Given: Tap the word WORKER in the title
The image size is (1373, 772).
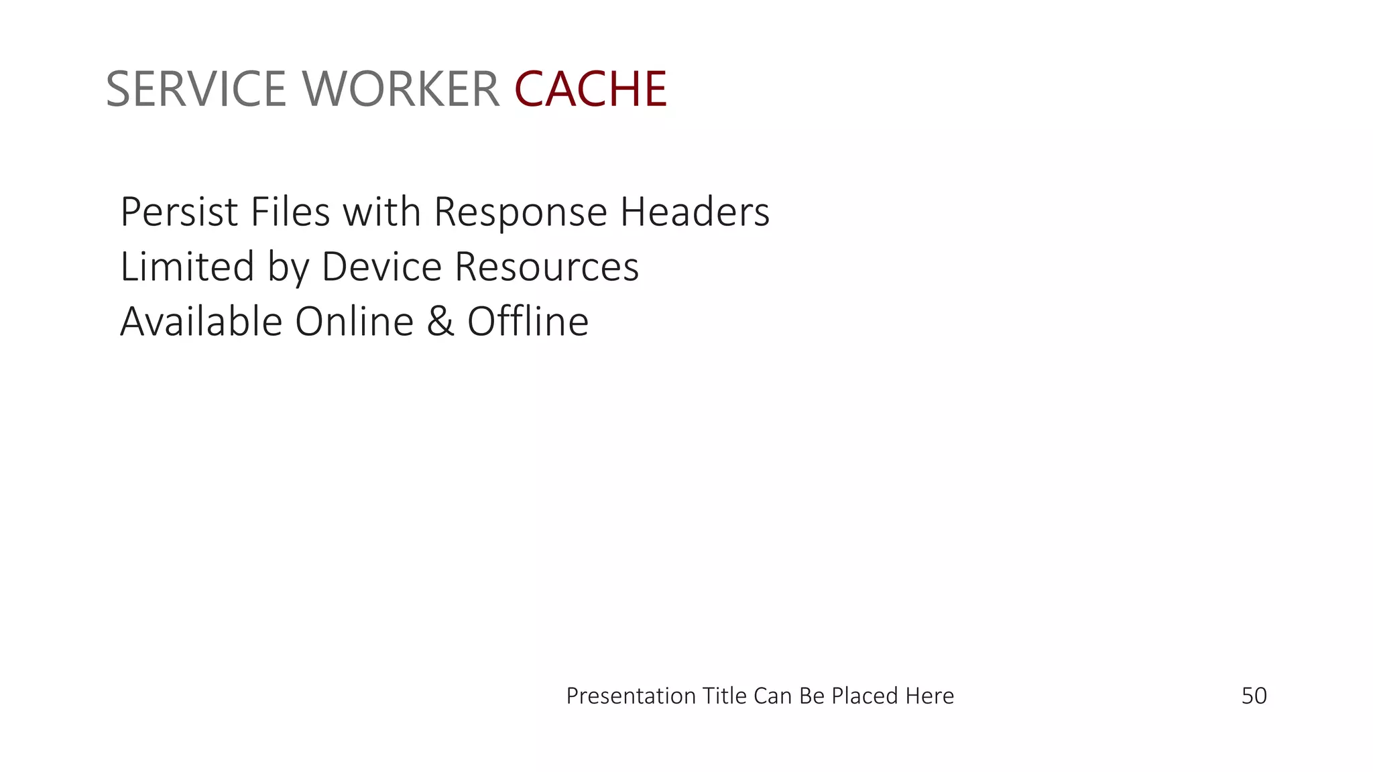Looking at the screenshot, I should point(401,89).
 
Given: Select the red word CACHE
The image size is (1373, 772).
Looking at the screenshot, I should point(591,89).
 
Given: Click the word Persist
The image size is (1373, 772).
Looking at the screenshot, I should point(179,212).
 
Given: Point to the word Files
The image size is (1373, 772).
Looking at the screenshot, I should point(290,212).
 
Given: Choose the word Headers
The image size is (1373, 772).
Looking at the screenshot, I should point(695,212).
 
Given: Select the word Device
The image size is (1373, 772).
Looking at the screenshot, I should point(381,267).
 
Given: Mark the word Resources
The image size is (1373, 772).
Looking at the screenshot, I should point(546,267).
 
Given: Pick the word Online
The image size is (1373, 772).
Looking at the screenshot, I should point(354,322).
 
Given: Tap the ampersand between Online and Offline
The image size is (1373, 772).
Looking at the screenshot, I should point(440,322).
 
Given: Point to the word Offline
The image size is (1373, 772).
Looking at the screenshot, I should point(528,322).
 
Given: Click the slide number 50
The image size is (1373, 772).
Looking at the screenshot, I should point(1254,696).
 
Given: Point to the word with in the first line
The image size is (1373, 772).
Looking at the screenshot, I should point(381,212).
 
